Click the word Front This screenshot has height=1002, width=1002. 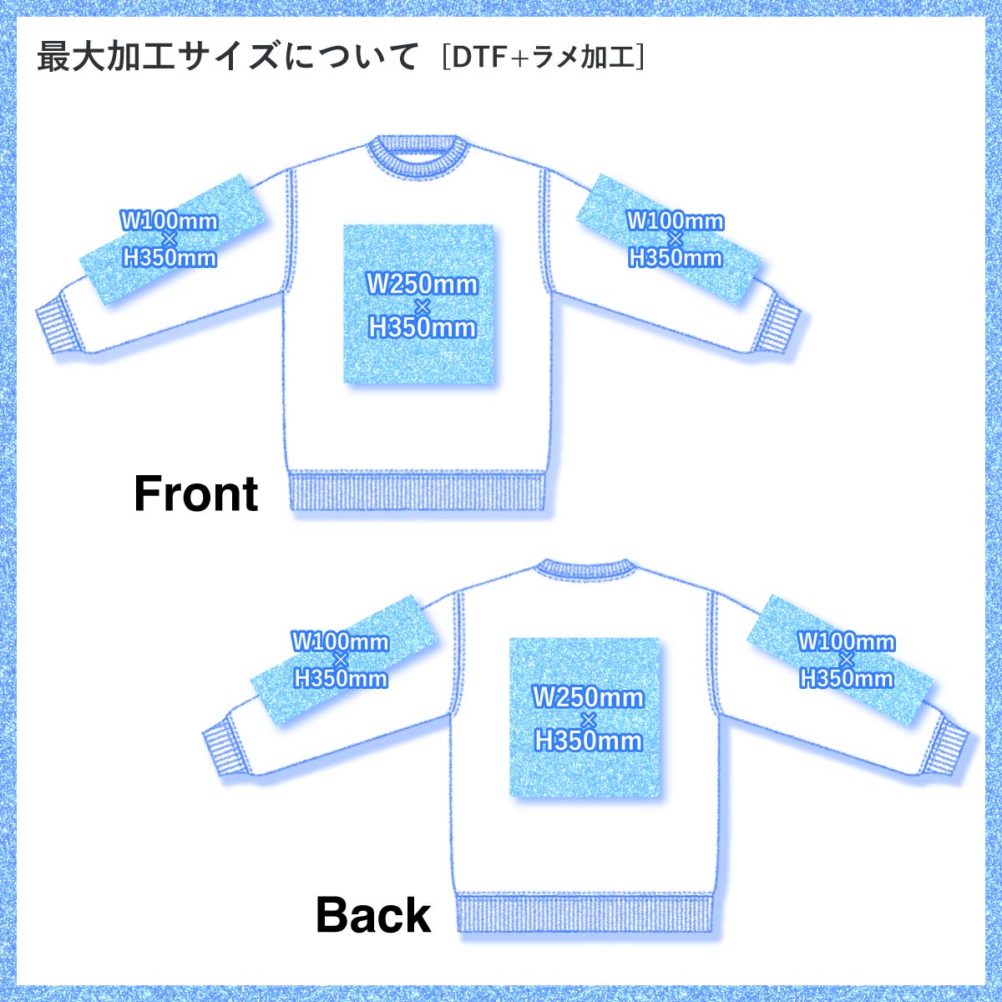[196, 493]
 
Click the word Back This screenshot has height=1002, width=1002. [373, 915]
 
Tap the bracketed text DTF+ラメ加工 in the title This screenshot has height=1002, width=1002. [544, 58]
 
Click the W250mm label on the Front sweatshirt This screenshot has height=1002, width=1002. [423, 284]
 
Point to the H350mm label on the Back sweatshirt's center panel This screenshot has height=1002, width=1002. [589, 740]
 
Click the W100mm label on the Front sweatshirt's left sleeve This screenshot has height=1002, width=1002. [170, 221]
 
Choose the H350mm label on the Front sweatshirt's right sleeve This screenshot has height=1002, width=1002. [675, 257]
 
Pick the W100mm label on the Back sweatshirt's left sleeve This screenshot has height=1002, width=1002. [340, 641]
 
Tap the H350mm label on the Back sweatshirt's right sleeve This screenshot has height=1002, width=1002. [847, 678]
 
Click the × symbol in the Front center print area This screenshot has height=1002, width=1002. [421, 306]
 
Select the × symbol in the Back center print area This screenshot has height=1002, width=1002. [588, 718]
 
